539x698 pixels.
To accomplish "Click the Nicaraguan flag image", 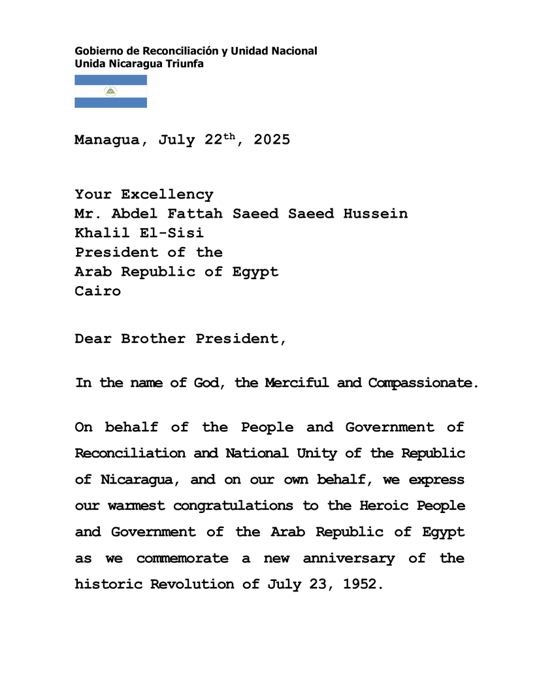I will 110,91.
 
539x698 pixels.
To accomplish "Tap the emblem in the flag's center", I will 110,91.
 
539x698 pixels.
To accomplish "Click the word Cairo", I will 98,291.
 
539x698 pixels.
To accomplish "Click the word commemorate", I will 182,558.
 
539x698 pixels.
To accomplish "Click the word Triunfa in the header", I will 186,63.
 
